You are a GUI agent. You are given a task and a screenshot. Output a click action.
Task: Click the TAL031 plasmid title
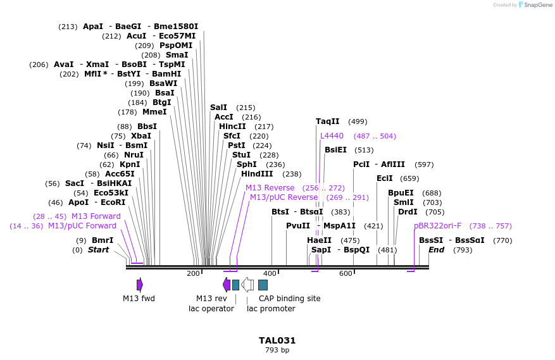(277, 340)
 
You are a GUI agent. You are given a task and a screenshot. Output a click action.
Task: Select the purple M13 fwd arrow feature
(140, 285)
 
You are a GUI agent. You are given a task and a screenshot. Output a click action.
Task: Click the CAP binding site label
(289, 299)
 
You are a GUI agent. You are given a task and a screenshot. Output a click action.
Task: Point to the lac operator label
(211, 309)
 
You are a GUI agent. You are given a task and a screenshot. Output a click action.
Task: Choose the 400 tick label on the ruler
(270, 273)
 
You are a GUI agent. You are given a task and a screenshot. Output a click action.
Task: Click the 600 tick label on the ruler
(346, 273)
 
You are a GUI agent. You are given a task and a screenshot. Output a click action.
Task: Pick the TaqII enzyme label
(328, 121)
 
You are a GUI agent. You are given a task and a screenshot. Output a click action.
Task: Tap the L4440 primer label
(332, 136)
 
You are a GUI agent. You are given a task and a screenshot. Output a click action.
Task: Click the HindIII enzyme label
(257, 174)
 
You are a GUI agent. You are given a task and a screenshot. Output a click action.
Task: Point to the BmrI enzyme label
(103, 240)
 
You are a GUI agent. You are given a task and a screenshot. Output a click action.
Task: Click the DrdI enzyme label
(408, 212)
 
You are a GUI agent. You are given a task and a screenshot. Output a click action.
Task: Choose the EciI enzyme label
(385, 178)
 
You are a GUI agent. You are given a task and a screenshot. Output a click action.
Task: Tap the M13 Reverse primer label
(270, 188)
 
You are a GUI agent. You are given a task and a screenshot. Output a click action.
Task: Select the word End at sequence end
(436, 250)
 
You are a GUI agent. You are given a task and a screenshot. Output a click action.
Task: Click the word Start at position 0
(98, 250)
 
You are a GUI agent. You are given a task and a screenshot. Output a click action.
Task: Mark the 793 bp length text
(277, 350)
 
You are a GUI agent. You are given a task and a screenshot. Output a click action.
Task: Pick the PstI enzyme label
(237, 146)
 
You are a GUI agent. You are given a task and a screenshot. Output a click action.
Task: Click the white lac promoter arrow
(247, 285)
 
